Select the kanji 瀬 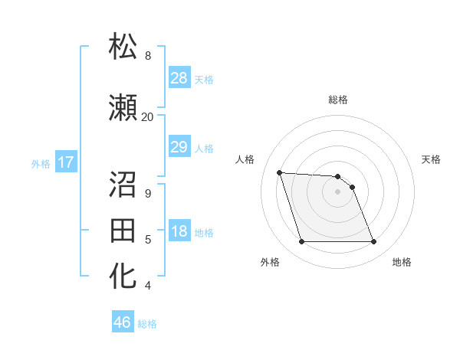click(123, 108)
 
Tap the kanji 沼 click(123, 183)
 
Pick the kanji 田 click(123, 230)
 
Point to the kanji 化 click(123, 277)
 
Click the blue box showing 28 click(179, 78)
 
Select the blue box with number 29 click(179, 147)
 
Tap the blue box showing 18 click(179, 232)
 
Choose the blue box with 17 click(65, 162)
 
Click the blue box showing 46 click(123, 322)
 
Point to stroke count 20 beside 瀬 click(147, 117)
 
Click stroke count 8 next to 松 click(147, 56)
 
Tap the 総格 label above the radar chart click(338, 100)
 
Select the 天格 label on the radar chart click(431, 159)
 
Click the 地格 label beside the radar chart click(402, 263)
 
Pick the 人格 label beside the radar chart click(245, 159)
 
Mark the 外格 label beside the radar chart click(270, 263)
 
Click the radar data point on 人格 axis click(279, 172)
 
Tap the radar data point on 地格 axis click(373, 242)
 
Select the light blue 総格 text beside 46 click(147, 324)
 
